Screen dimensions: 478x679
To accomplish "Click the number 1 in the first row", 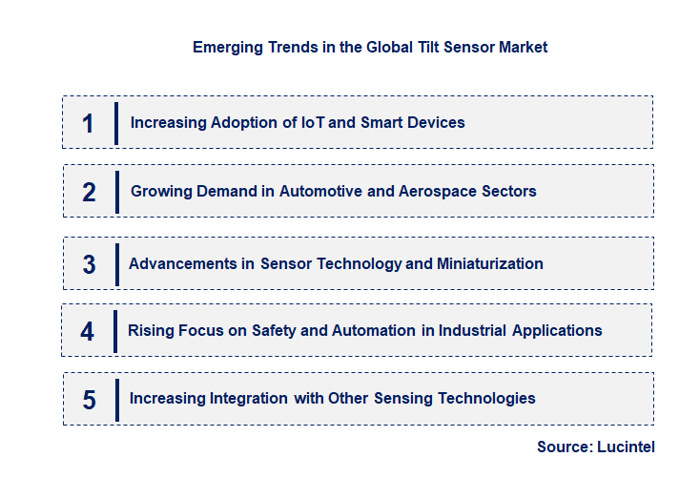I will click(x=89, y=123).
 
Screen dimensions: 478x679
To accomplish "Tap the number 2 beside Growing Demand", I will click(x=89, y=192).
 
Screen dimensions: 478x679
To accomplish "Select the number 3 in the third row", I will click(x=89, y=264).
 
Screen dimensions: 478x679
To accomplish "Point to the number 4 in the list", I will click(x=88, y=332).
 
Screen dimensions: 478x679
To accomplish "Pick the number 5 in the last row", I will click(x=89, y=400).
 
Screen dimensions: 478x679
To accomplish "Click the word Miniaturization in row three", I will click(x=490, y=263).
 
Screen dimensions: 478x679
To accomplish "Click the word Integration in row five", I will click(x=241, y=398).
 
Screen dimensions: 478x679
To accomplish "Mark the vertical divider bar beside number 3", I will click(x=116, y=263).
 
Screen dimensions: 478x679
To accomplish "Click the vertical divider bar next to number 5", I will click(x=116, y=399).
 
